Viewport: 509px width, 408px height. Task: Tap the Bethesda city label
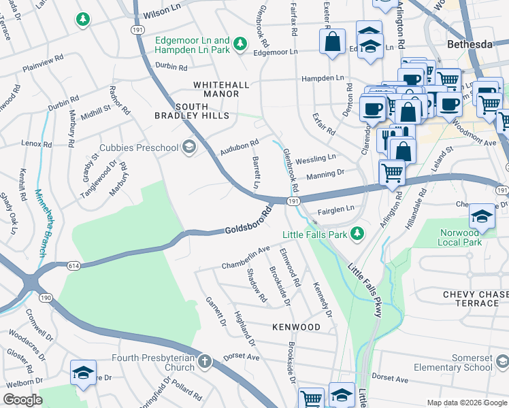(469, 44)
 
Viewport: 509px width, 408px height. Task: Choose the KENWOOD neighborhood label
(296, 327)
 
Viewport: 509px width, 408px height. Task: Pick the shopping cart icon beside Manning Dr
(391, 171)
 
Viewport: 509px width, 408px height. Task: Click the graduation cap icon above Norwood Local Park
(482, 216)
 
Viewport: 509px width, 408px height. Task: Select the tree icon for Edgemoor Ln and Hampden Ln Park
(240, 44)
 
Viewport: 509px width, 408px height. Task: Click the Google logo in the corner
(22, 400)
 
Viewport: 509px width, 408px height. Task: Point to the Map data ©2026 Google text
(467, 403)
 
